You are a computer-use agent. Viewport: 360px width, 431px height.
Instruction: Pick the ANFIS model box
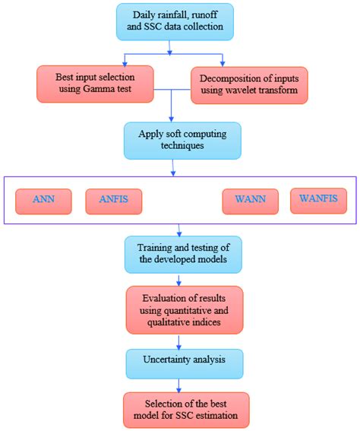coord(113,201)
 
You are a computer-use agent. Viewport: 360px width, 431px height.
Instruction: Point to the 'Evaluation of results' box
coord(186,309)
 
